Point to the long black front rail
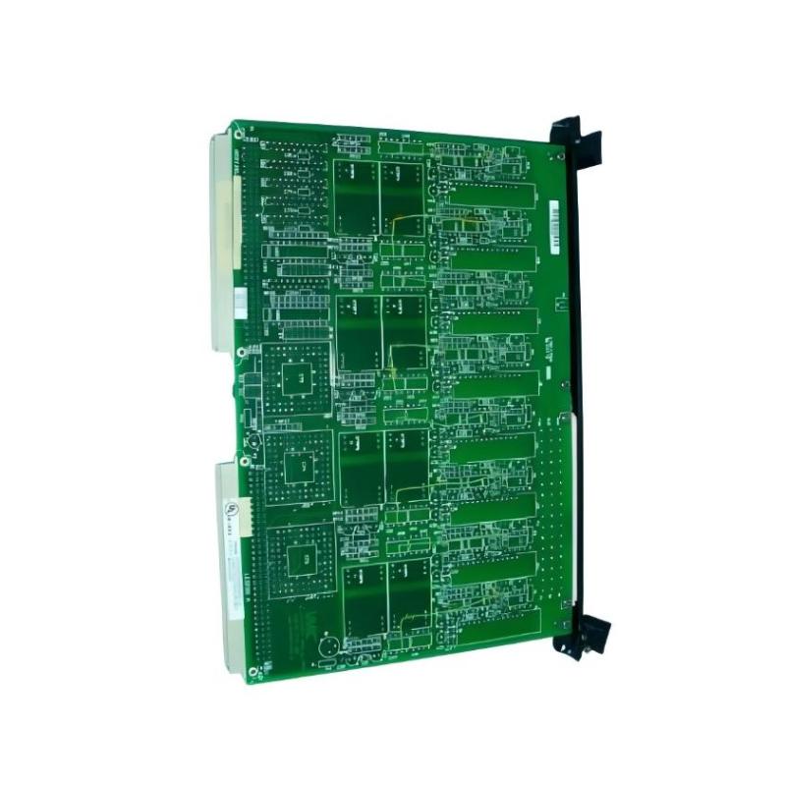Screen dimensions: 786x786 pyautogui.click(x=574, y=383)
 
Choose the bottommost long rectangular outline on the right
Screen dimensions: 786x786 pyautogui.click(x=491, y=564)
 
